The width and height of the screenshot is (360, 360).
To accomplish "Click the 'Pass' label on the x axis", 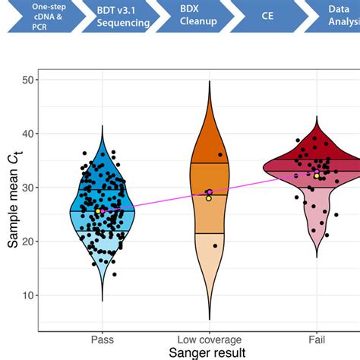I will [102, 339].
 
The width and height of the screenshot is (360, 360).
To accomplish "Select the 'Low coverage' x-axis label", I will [209, 339].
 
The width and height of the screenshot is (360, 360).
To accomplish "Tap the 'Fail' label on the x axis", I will [317, 339].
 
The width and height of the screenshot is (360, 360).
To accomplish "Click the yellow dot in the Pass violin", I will [98, 211].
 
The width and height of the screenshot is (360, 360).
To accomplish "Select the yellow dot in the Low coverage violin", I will [209, 198].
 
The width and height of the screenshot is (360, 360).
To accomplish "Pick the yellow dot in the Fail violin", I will [317, 176].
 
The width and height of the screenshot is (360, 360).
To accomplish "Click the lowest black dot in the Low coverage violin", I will [215, 246].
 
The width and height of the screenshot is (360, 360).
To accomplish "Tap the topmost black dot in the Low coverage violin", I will [220, 155].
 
